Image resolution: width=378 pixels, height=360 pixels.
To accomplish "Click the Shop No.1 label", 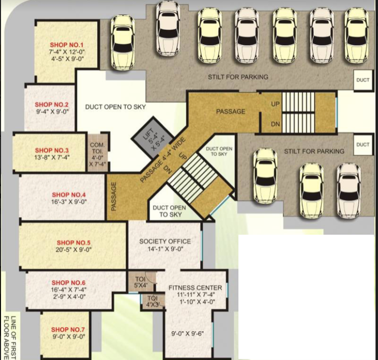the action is [x=67, y=45].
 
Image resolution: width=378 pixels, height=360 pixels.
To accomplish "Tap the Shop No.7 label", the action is [x=68, y=330].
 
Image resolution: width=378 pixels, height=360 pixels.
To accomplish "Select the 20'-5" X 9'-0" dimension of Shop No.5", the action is [x=74, y=250].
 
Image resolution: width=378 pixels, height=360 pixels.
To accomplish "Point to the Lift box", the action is [x=153, y=138].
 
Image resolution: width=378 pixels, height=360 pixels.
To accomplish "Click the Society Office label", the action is [x=165, y=242].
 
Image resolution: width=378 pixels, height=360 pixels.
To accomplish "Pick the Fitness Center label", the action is [x=195, y=288].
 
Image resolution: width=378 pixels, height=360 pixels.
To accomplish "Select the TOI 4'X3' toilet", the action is [x=153, y=301].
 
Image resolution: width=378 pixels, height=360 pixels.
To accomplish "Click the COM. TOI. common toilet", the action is [x=97, y=153].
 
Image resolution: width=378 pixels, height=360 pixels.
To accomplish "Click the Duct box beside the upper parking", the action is [x=363, y=80].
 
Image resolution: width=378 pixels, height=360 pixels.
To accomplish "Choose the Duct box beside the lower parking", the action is [x=363, y=145].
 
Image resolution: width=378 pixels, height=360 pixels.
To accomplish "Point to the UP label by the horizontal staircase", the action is [x=276, y=104].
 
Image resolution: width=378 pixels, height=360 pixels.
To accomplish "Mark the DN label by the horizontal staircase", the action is [x=276, y=124].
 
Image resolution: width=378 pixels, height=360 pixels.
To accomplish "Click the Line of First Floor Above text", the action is [x=10, y=338].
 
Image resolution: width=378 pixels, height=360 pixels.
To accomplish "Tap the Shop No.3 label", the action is [x=52, y=151].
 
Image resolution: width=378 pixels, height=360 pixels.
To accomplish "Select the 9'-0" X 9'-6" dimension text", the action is [x=188, y=334].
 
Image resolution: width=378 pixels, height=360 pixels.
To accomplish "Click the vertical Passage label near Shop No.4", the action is [x=114, y=196].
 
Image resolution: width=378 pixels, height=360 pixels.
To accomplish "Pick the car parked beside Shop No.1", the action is [x=123, y=43].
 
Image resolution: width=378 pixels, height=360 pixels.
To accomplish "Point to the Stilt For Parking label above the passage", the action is [x=238, y=77].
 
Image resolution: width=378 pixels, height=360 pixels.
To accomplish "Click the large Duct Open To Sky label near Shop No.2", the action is [x=115, y=107].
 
